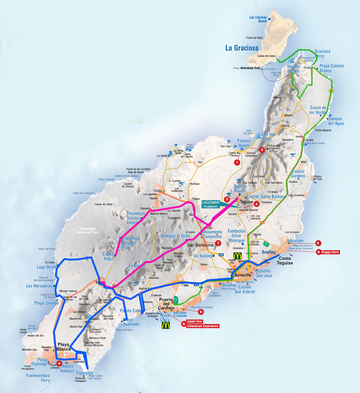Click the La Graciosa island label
(242, 48)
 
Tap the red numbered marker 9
(59, 364)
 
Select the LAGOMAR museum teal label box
(210, 204)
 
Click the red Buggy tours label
(330, 252)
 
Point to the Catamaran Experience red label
(202, 326)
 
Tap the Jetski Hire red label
(194, 322)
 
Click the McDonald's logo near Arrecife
(238, 256)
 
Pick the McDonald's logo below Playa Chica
(166, 325)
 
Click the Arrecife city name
(243, 275)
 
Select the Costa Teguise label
(285, 261)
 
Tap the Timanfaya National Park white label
(87, 231)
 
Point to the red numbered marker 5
(318, 243)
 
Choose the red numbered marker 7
(218, 243)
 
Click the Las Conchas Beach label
(258, 19)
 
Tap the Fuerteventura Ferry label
(38, 378)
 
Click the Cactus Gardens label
(298, 174)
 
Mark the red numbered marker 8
(201, 312)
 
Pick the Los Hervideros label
(39, 286)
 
